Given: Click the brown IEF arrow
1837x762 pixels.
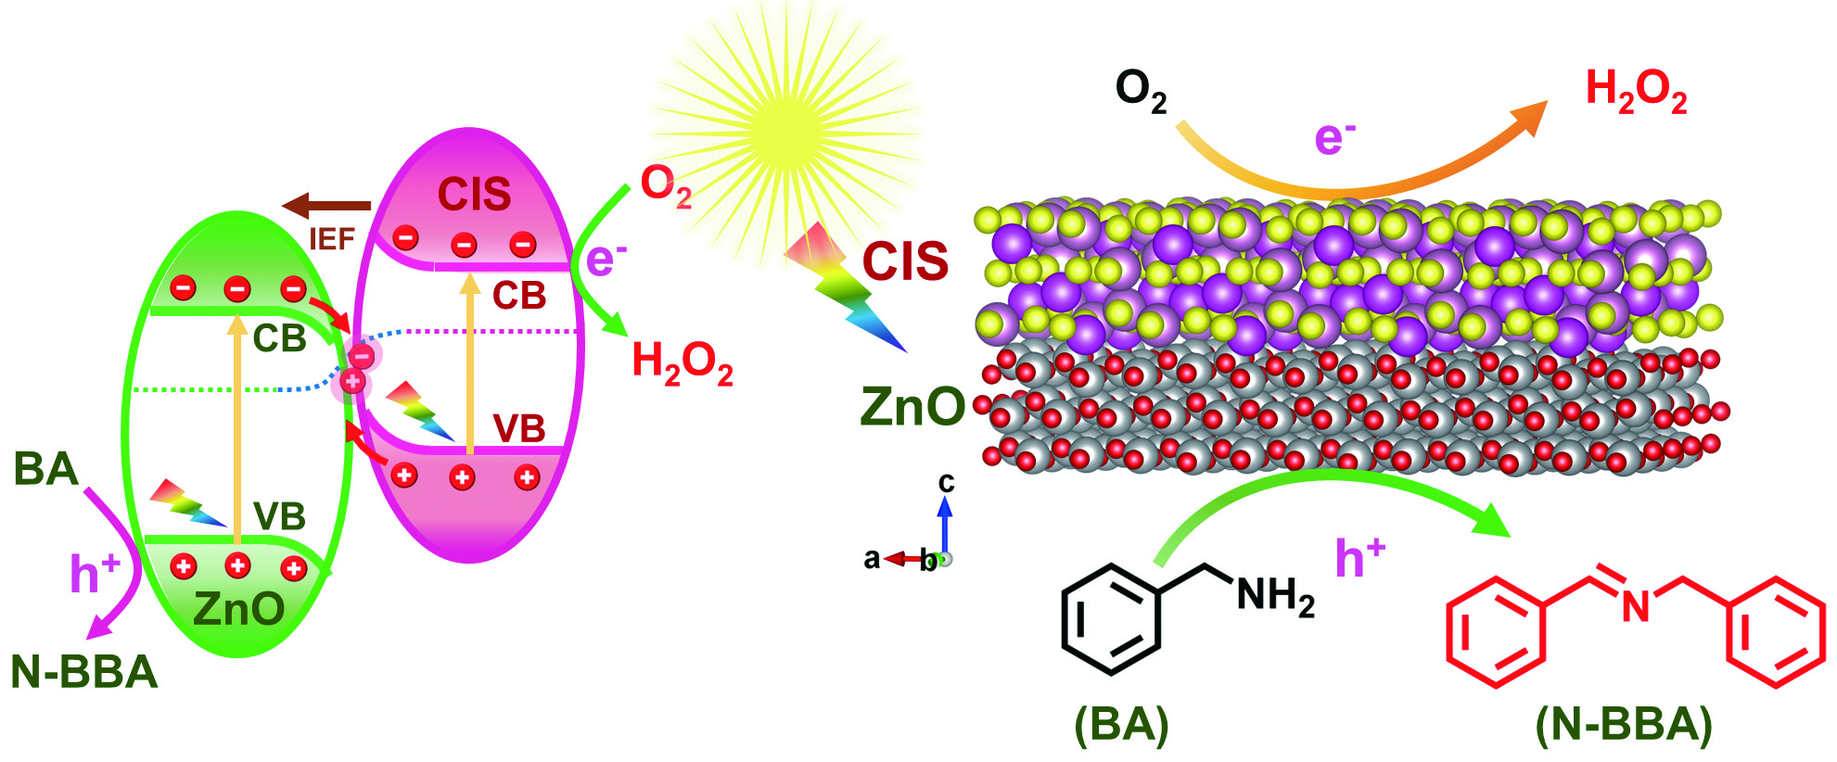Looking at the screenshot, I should tap(325, 206).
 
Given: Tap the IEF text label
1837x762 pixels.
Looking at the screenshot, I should tap(331, 240).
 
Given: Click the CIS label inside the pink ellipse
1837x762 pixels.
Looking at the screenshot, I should tap(474, 195).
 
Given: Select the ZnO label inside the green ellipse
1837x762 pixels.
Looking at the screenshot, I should tap(238, 609).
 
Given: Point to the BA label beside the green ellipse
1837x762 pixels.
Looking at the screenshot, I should tap(45, 469).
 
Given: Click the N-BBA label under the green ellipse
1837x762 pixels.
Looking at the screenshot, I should tap(84, 672).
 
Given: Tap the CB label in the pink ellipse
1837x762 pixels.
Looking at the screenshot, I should tap(518, 296).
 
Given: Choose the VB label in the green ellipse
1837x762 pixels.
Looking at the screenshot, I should tap(279, 516).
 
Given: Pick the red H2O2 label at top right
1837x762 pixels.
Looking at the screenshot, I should tap(1636, 91).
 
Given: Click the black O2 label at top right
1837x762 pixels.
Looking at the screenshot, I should tap(1141, 91).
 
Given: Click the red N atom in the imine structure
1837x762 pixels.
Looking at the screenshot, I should tap(1636, 606).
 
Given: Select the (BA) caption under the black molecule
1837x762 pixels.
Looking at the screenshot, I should tap(1121, 725).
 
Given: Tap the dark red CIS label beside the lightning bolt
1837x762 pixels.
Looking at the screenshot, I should tap(905, 261).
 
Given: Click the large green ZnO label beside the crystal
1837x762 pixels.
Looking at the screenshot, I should tap(912, 407).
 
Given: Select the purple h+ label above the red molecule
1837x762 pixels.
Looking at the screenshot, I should tap(1359, 558).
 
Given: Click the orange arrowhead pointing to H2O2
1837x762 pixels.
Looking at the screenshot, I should tap(1530, 115).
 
